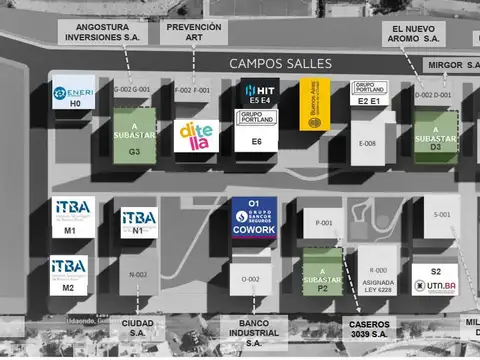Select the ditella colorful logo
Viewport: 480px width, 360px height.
click(195, 134)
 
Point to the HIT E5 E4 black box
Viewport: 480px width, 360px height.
click(258, 93)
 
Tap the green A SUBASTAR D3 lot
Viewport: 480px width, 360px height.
click(435, 134)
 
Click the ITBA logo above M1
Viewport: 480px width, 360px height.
click(72, 211)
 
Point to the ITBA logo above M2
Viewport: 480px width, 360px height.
click(69, 269)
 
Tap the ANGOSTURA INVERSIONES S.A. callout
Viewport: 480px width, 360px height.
click(102, 32)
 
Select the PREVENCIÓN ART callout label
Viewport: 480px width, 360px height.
click(194, 32)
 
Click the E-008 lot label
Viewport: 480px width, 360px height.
click(368, 143)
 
